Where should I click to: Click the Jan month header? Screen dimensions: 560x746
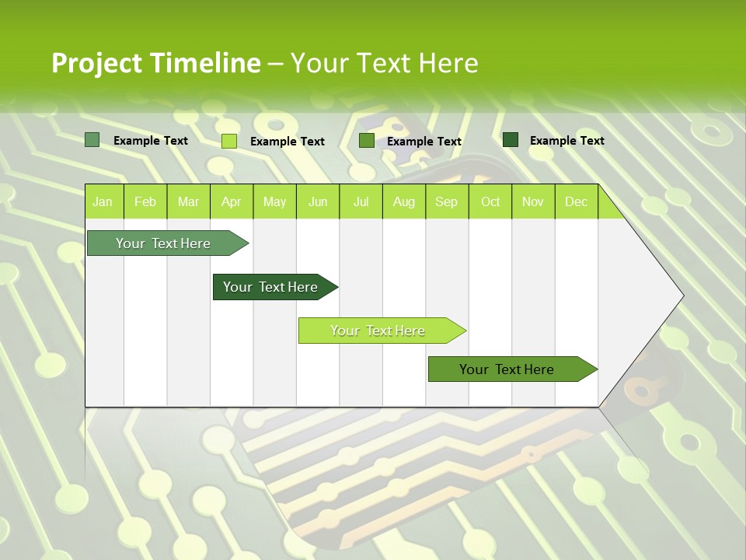103,201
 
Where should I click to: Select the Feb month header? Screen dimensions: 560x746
145,201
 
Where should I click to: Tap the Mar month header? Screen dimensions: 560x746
188,201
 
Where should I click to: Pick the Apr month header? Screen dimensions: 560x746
231,201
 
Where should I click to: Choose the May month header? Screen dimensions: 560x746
274,201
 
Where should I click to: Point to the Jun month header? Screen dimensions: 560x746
318,201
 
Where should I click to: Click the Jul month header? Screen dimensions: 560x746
361,201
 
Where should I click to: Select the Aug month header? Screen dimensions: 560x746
403,201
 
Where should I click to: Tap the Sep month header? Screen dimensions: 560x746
446,201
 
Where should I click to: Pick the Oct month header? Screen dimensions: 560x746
490,201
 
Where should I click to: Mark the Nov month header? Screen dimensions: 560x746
533,201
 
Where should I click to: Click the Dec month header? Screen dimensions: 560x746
576,201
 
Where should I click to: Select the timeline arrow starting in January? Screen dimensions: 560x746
164,243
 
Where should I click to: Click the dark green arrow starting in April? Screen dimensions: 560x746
271,287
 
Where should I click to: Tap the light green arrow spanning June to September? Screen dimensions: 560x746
378,331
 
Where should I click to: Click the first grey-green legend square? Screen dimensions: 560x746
92,140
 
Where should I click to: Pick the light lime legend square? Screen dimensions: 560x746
229,141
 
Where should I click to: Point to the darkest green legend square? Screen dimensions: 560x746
511,140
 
